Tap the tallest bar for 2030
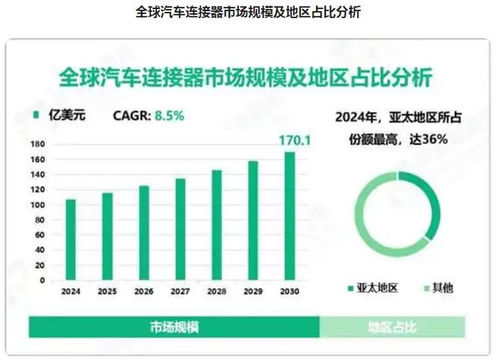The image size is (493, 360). pyautogui.click(x=289, y=216)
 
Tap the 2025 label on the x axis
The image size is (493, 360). pyautogui.click(x=107, y=291)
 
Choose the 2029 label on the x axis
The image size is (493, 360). pyautogui.click(x=252, y=291)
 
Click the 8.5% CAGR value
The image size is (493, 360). pyautogui.click(x=169, y=117)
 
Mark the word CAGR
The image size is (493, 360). pyautogui.click(x=131, y=117)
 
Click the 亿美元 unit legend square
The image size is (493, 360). pyautogui.click(x=35, y=117)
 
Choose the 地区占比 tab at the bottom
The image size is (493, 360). pyautogui.click(x=391, y=327)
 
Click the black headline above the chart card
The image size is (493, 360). pyautogui.click(x=246, y=13)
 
